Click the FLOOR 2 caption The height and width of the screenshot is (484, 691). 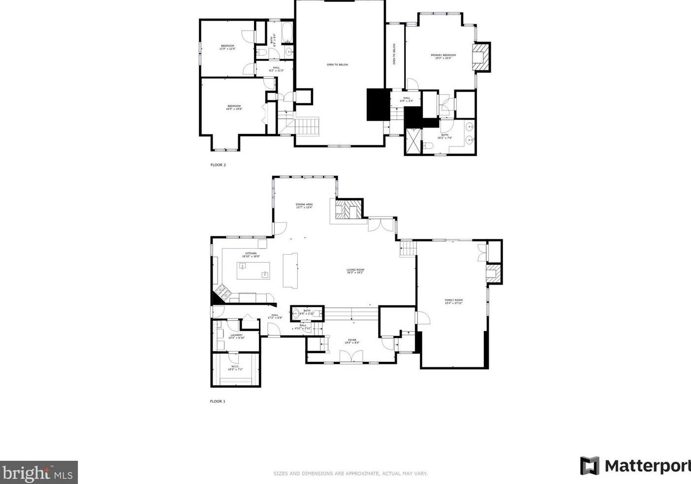[218, 165]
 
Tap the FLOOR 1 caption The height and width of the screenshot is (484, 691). [218, 401]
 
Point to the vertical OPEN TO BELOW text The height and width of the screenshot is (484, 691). [394, 54]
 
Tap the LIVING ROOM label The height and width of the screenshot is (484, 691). [355, 271]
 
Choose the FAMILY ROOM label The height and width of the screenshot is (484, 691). [453, 301]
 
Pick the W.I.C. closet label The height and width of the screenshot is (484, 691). [235, 367]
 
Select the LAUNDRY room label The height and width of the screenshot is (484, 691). [236, 336]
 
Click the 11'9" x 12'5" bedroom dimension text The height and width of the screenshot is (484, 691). [227, 49]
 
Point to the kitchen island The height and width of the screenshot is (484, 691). [253, 271]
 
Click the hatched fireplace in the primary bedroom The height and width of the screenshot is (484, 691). [481, 58]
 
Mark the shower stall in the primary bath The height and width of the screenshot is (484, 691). [413, 141]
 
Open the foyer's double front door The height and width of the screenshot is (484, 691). [351, 356]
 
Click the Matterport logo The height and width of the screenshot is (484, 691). [635, 466]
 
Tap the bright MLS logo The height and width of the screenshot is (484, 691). [38, 473]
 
